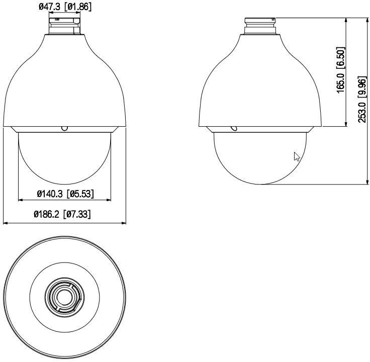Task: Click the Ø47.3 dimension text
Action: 50,7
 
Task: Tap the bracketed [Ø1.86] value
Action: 78,7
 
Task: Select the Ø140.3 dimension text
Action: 50,194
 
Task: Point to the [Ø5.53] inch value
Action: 80,194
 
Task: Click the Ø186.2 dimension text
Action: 47,214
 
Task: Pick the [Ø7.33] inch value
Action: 77,214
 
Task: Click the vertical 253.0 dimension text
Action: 362,113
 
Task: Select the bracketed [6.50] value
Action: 340,58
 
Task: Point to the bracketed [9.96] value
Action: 362,86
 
